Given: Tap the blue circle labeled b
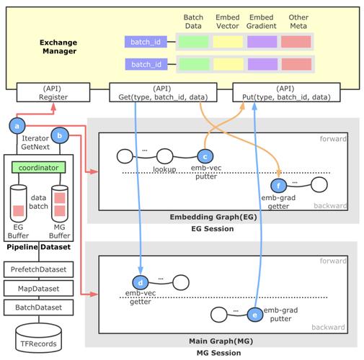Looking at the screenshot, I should click(x=60, y=134).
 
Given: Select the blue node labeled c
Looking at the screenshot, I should click(x=205, y=156).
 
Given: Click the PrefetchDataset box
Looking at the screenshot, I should click(x=43, y=269).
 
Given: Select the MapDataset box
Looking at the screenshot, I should click(x=43, y=289).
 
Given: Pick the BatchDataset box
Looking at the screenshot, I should click(x=43, y=307).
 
